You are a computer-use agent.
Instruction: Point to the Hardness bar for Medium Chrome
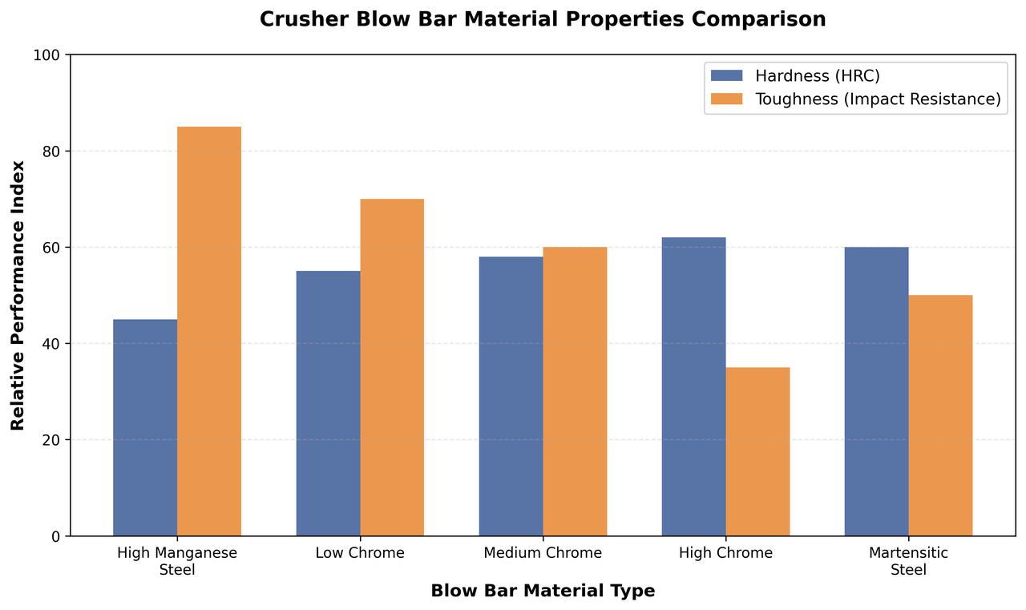511,396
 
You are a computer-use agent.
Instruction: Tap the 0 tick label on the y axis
55,536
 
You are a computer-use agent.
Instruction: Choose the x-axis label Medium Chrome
543,553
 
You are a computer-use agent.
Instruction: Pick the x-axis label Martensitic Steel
908,561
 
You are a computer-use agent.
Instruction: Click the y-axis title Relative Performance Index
18,295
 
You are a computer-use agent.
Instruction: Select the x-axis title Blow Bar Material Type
543,592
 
